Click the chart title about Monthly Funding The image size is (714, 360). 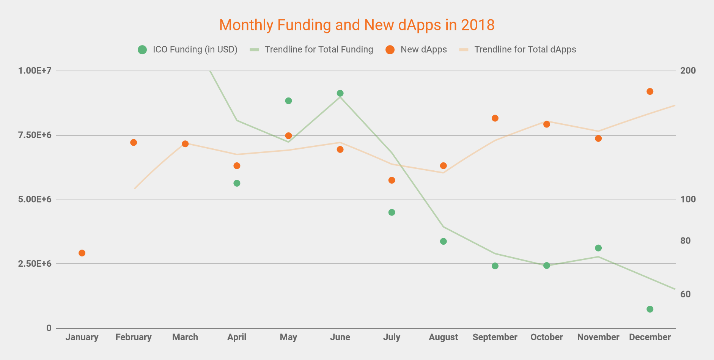[357, 25]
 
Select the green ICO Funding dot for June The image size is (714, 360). [340, 93]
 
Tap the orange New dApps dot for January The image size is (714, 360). [82, 253]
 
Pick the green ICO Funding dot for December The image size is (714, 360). [650, 309]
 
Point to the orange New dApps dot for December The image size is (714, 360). [650, 91]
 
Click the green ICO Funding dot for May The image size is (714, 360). [288, 101]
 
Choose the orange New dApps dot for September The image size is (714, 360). [495, 118]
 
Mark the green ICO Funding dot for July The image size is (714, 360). [392, 212]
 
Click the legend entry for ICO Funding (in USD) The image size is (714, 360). [188, 50]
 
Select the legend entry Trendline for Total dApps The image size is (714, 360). [518, 50]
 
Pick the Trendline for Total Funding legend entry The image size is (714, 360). [311, 50]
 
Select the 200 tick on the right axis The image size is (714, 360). [688, 71]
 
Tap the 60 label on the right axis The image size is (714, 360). [686, 294]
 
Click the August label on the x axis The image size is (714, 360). [443, 337]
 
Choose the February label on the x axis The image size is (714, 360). [134, 337]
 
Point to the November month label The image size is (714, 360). [598, 337]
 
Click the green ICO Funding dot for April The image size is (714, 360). [237, 183]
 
